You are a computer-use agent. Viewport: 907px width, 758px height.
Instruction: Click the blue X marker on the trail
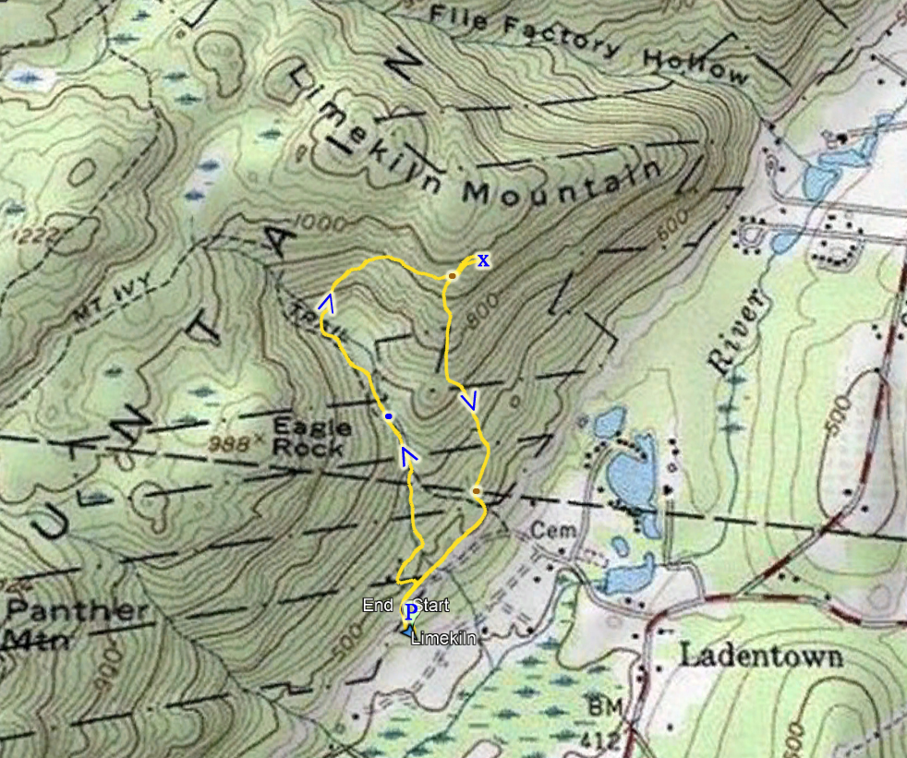482,260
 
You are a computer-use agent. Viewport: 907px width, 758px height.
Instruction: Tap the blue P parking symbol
410,610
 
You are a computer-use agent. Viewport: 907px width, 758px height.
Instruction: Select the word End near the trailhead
379,606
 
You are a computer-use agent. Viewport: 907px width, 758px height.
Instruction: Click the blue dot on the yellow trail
389,417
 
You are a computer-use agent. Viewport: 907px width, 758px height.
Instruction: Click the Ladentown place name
761,656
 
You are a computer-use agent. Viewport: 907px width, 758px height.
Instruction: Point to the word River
737,331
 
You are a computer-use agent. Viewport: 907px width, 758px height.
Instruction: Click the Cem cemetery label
553,531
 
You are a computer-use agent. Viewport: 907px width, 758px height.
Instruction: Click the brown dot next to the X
453,276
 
